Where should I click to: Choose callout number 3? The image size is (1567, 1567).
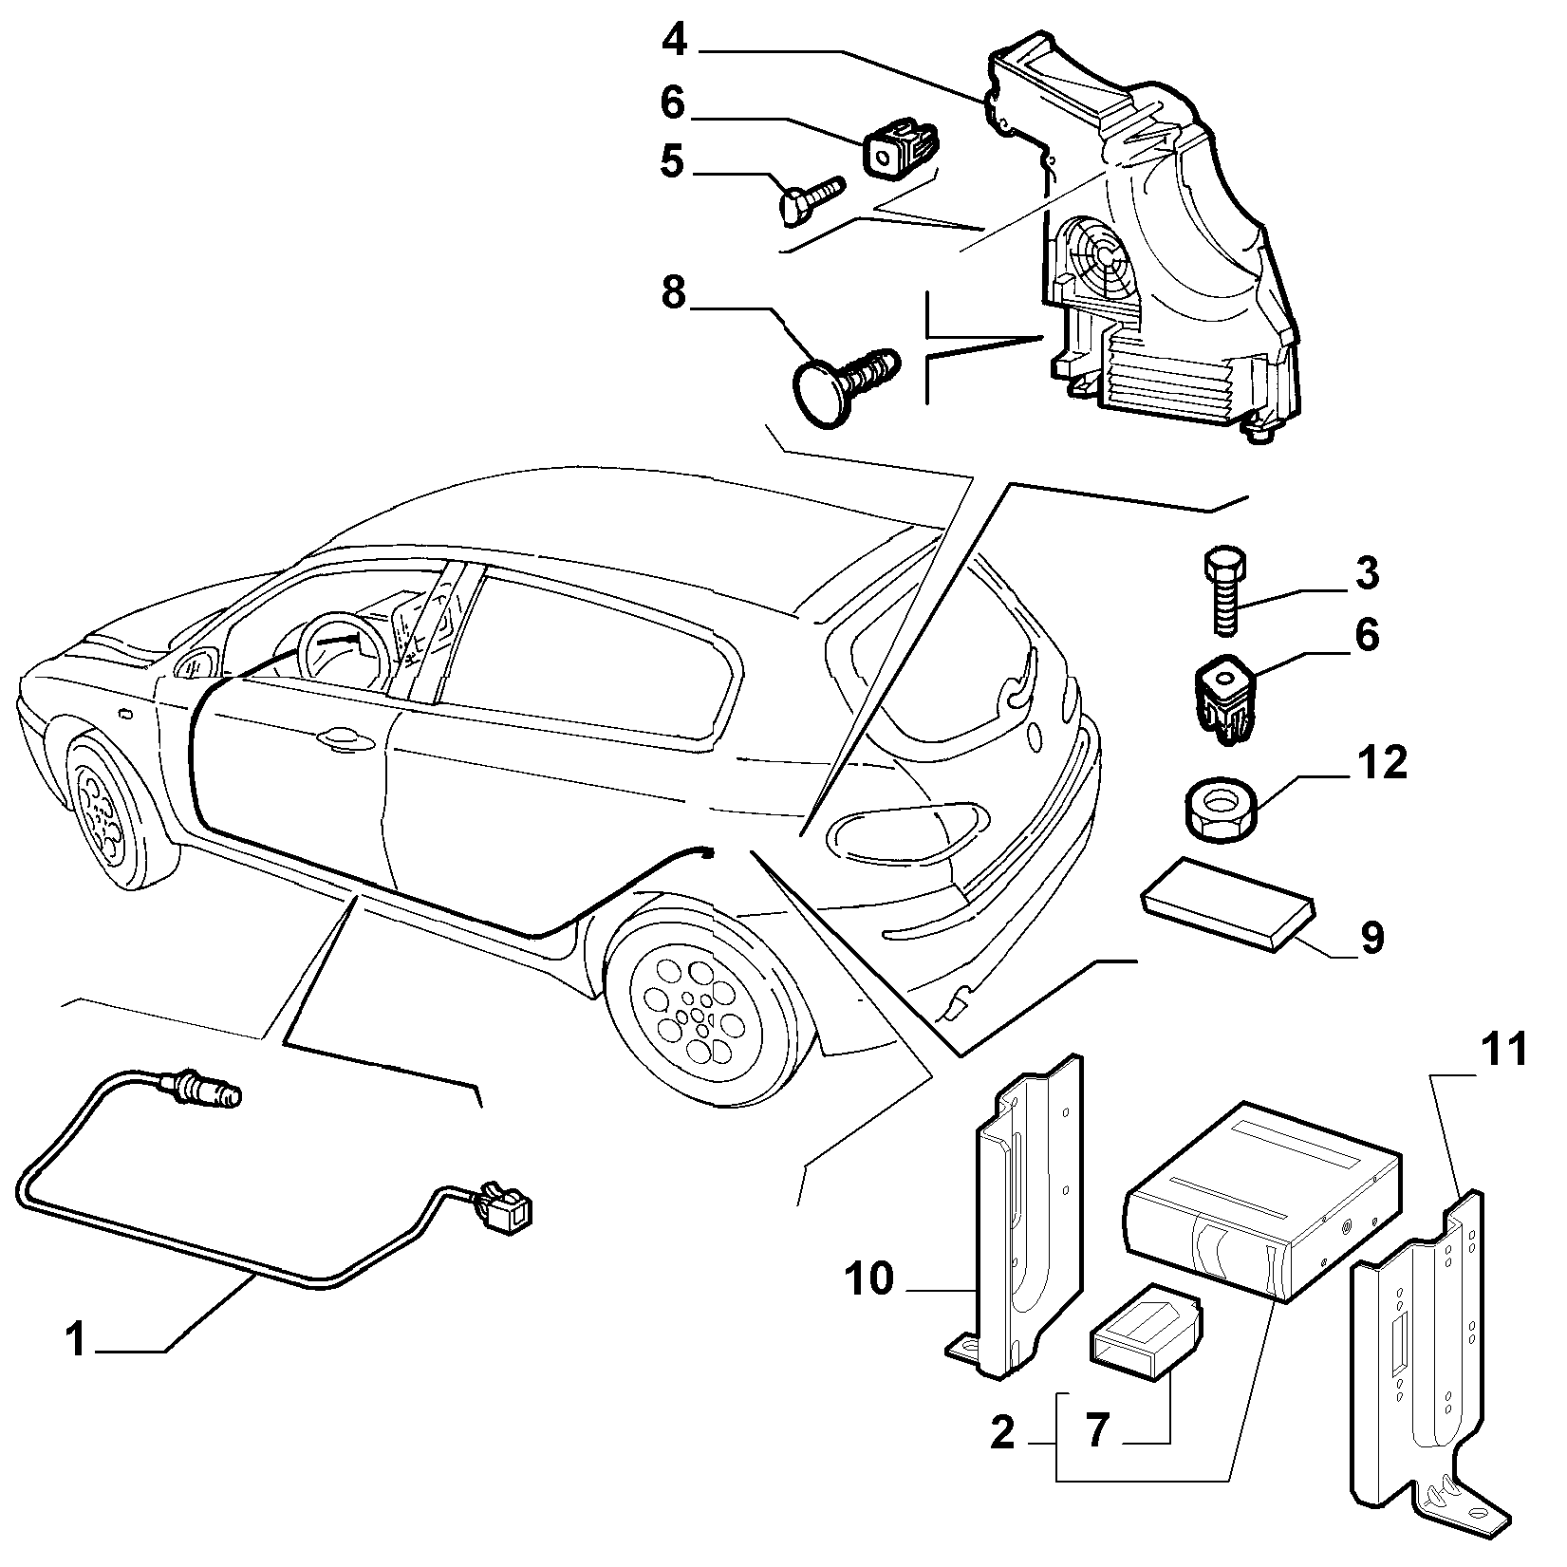tap(1366, 574)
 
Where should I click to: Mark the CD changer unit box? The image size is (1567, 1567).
tap(1260, 1202)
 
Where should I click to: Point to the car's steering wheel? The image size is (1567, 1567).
tap(340, 657)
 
